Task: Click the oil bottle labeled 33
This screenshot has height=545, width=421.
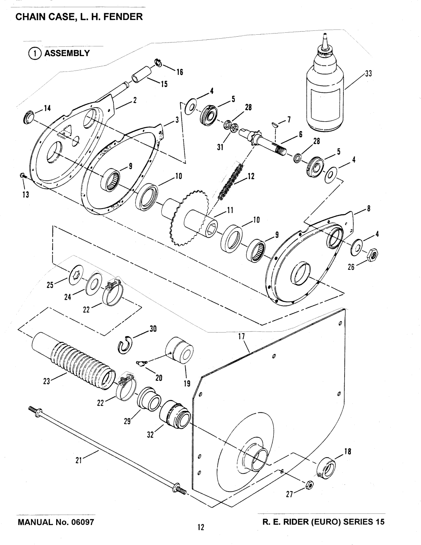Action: click(x=325, y=85)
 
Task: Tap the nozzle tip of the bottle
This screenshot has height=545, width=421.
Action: click(x=324, y=34)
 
